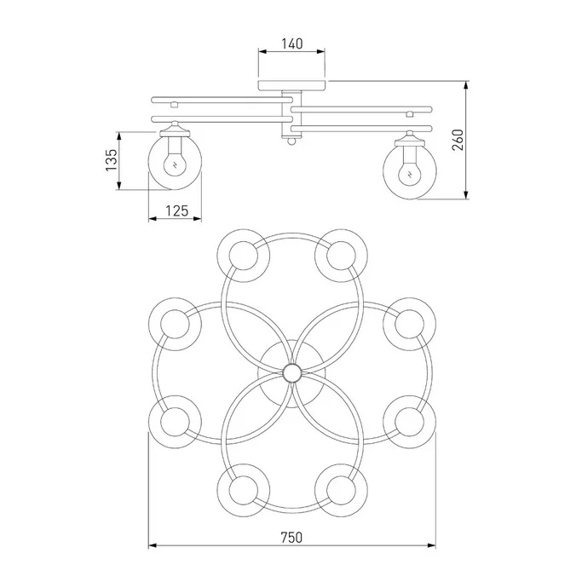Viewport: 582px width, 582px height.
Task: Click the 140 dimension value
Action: coord(291,43)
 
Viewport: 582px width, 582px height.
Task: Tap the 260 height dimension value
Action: coord(458,140)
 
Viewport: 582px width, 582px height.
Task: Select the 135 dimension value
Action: coord(112,160)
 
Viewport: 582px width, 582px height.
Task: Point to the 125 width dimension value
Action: coord(176,210)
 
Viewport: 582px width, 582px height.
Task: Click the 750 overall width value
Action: coord(291,537)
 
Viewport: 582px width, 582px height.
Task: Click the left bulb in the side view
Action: coord(175,163)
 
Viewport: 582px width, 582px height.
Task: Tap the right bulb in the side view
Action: coord(410,172)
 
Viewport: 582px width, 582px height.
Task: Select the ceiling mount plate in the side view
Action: coord(291,85)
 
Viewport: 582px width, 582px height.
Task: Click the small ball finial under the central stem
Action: coord(291,141)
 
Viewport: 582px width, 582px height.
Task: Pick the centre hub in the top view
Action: coord(291,373)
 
